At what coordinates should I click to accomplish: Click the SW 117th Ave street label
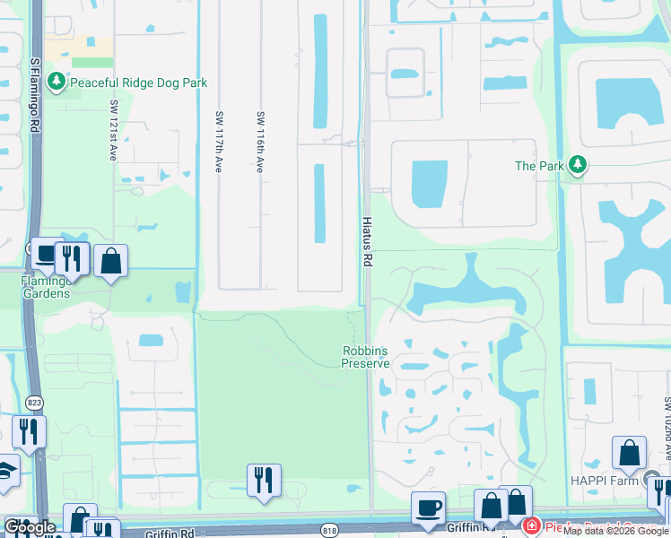218,142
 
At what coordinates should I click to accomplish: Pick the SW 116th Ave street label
260,142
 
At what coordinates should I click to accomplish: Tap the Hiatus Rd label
367,240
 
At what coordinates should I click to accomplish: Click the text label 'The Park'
538,166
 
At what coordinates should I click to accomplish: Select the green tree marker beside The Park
579,165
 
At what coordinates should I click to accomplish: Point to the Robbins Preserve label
366,357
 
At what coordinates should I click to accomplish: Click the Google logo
30,528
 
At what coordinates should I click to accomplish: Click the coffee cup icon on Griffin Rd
428,508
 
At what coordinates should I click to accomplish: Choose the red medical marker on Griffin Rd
530,527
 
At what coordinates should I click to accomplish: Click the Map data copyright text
615,531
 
